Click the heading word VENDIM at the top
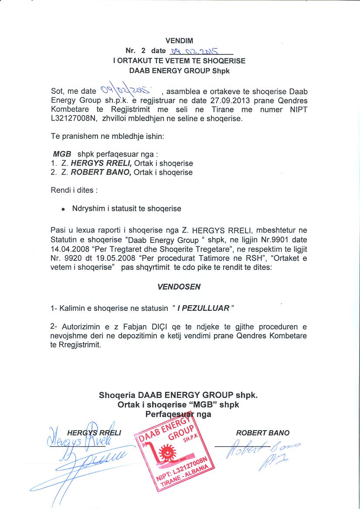[179, 41]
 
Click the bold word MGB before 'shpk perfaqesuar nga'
[59, 155]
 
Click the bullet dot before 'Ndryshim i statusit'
[64, 209]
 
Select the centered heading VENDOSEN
[179, 287]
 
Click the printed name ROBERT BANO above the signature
[262, 433]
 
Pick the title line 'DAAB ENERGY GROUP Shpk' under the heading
[179, 71]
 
